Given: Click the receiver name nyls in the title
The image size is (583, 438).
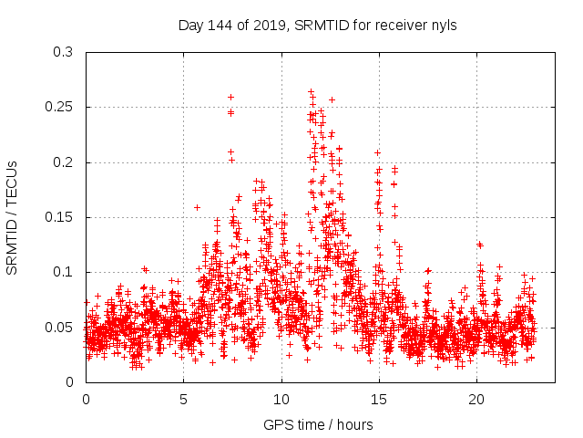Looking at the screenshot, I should [x=443, y=26].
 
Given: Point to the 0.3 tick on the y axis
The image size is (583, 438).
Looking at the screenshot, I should [x=64, y=53].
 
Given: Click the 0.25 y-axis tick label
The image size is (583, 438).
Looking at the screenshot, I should [x=60, y=108].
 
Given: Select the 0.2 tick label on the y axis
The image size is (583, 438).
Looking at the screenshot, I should [x=64, y=162].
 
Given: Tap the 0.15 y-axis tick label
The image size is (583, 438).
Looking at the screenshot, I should [x=60, y=217].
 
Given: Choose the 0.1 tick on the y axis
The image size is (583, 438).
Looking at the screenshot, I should [x=64, y=272].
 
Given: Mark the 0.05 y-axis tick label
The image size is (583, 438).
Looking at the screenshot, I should [x=60, y=327].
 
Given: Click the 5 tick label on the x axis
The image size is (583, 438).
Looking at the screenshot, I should [x=183, y=400].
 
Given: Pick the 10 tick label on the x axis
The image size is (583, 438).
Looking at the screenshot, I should [x=281, y=400].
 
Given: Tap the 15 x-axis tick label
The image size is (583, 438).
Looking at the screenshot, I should [x=379, y=400].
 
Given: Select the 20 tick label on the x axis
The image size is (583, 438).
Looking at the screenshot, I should [x=476, y=400].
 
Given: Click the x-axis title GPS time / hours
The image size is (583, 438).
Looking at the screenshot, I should [x=318, y=424].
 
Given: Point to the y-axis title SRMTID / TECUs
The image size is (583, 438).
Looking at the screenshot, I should [x=13, y=217].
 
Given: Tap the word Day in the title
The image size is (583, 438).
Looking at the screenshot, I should [x=190, y=26].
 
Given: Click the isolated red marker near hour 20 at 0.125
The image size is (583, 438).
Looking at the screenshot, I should [x=479, y=245].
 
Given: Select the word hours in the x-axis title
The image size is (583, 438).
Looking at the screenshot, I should [x=354, y=424].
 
